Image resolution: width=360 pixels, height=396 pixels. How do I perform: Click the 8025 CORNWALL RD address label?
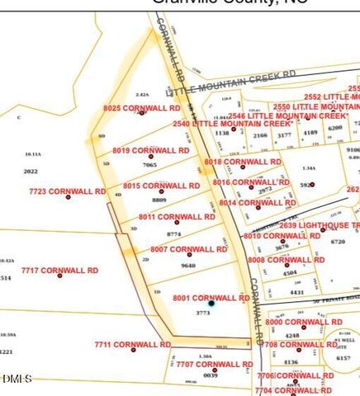coord(141,108)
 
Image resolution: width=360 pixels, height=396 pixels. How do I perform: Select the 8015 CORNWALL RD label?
coord(161,186)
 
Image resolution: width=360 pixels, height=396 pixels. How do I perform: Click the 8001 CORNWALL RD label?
coord(210,297)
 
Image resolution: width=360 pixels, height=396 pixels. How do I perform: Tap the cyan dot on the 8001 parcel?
coord(211,304)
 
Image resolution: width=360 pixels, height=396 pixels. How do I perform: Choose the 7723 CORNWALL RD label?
coord(67,191)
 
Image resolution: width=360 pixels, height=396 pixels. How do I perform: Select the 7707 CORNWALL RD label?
coord(214,364)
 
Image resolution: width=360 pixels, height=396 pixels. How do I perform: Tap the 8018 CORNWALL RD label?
coord(243,162)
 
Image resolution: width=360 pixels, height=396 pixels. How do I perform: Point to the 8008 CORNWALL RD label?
coord(286,260)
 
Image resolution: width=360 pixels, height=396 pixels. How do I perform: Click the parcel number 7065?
coord(149,165)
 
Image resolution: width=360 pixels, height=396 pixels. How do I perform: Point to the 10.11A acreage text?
coord(33,154)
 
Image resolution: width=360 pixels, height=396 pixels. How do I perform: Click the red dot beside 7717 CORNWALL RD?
coord(59,276)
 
